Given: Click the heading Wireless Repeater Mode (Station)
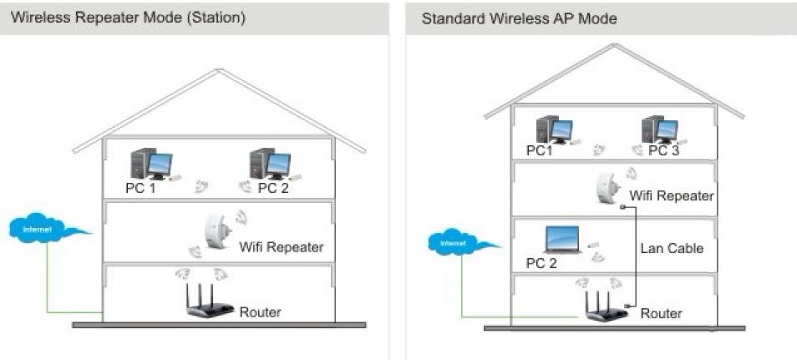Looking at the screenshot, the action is [x=128, y=18].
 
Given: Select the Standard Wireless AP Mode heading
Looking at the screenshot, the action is [x=519, y=19].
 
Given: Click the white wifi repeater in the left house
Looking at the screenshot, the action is [x=217, y=231].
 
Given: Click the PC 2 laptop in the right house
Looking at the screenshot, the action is [x=563, y=240].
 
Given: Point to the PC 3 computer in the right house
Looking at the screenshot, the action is [x=660, y=129].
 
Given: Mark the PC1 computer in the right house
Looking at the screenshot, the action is [x=555, y=129].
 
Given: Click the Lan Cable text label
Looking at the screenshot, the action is [x=672, y=249].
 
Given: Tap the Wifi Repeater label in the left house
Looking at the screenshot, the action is [x=281, y=247].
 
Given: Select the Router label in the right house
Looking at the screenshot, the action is [x=661, y=313].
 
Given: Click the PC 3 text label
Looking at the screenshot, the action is [x=664, y=151].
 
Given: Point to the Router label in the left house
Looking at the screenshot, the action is [x=261, y=312].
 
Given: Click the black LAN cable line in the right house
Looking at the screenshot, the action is [x=636, y=256].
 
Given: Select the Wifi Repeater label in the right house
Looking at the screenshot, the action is [x=672, y=195].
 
